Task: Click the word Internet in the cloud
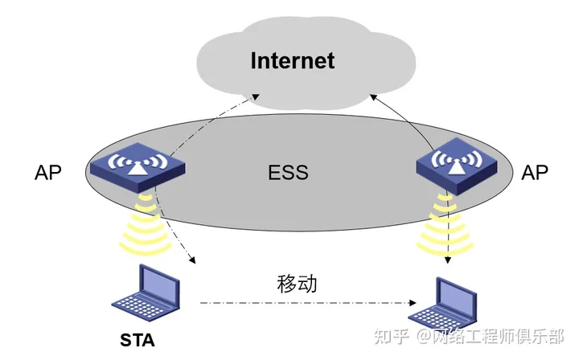point(292,60)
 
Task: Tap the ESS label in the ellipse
point(289,173)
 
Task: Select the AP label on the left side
point(48,173)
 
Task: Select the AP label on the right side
point(535,173)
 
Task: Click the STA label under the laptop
point(138,339)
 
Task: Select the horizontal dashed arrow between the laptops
point(306,304)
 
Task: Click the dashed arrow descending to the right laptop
point(447,233)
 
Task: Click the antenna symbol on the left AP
point(133,166)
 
